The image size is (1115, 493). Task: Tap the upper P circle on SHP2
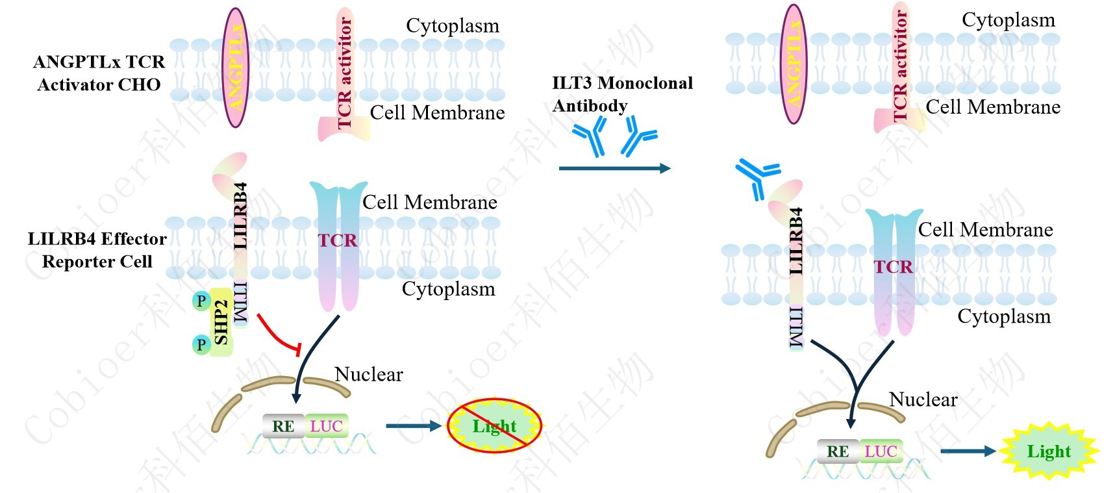click(201, 301)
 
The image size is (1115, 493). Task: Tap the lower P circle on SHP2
click(201, 344)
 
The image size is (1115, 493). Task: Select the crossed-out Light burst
click(494, 426)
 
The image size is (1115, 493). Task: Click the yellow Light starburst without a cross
click(1048, 451)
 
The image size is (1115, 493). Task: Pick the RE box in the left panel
click(283, 426)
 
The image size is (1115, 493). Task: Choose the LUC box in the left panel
click(326, 426)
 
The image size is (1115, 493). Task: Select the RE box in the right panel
click(838, 451)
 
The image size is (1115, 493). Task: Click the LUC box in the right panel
click(881, 451)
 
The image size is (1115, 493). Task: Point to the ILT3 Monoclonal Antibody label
click(621, 94)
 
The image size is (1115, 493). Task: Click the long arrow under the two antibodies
click(614, 169)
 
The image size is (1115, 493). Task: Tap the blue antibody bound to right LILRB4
click(757, 177)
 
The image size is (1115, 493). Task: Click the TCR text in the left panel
click(338, 241)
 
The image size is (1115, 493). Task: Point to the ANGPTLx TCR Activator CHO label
click(99, 73)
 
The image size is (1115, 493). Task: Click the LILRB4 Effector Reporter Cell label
click(97, 250)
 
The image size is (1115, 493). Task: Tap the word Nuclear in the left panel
click(368, 375)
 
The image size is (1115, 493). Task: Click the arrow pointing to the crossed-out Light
click(413, 426)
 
